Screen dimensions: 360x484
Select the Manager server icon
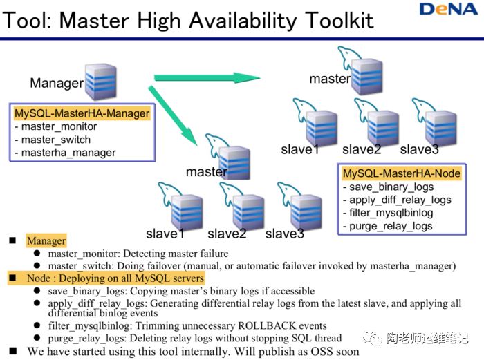(100, 83)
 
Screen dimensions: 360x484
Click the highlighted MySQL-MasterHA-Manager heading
(82, 113)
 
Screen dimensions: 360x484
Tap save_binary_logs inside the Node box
(391, 187)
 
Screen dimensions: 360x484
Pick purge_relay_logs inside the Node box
(391, 226)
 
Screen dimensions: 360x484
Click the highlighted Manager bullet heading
(46, 241)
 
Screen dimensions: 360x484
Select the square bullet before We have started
(13, 351)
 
